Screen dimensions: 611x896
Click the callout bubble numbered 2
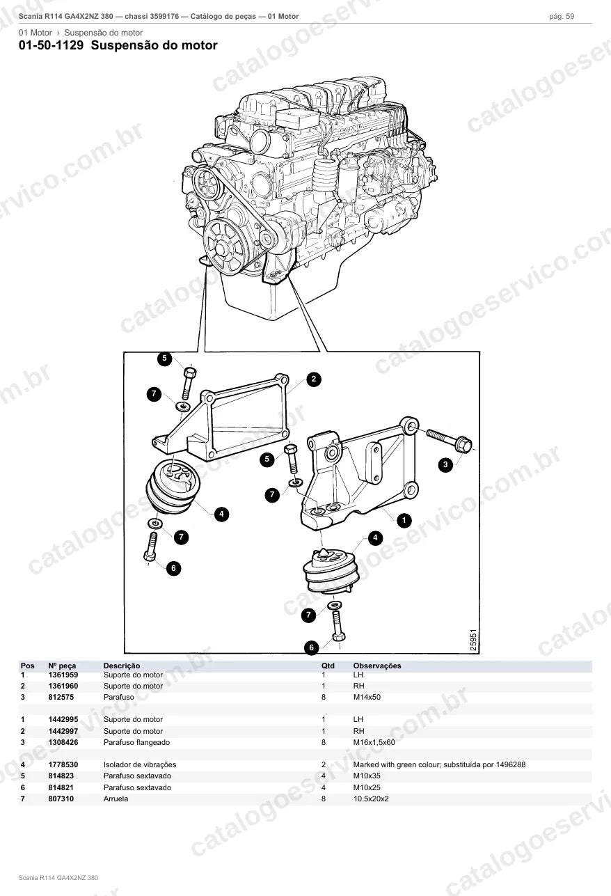pos(313,379)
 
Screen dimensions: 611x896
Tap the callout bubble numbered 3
pos(445,465)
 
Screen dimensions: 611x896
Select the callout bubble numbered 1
pos(404,520)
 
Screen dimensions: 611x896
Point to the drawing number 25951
pos(473,640)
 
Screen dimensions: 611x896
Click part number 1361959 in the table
pos(63,675)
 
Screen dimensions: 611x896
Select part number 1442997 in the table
pos(63,731)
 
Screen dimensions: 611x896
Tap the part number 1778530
pos(63,764)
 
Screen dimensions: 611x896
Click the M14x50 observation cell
pos(367,697)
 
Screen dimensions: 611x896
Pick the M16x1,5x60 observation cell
pos(374,742)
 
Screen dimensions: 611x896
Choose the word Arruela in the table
pos(116,799)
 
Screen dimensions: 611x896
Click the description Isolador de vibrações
pos(140,765)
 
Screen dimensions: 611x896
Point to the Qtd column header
pos(328,666)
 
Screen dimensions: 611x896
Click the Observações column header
pos(377,666)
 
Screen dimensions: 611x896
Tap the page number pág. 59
pos(562,17)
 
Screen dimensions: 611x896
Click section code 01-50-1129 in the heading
pos(51,45)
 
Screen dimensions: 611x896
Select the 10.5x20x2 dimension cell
pos(371,799)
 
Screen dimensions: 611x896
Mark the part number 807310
pos(61,799)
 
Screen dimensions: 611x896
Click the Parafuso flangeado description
pos(137,742)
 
